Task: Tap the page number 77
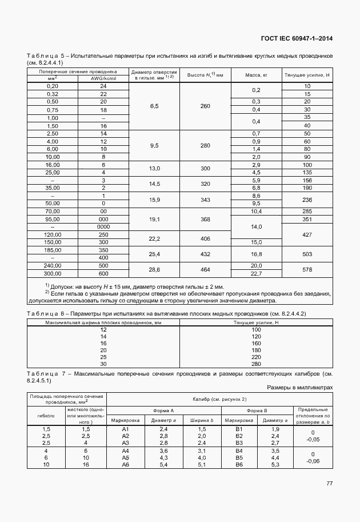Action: (329, 483)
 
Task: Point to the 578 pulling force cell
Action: (307, 269)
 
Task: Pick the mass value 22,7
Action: (255, 273)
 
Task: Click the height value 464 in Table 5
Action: (205, 269)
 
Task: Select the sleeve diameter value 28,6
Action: (154, 269)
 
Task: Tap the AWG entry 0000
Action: (103, 227)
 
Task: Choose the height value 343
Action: (205, 199)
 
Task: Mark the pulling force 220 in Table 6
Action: (255, 356)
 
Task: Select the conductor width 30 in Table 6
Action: (103, 364)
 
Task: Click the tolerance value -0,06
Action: (312, 460)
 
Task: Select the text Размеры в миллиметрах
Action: (299, 387)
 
